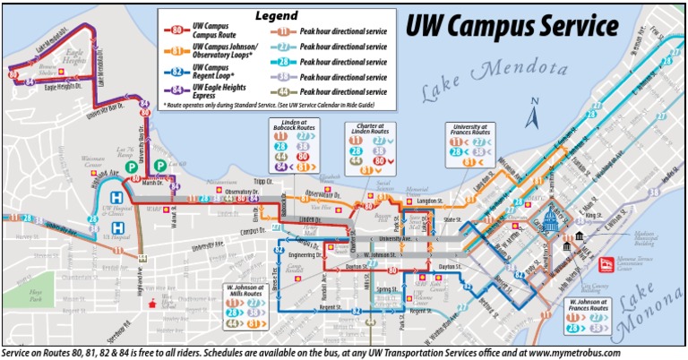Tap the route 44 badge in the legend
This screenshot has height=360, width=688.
click(283, 92)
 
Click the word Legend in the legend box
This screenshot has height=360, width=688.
click(277, 15)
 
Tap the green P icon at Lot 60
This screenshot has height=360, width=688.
click(159, 166)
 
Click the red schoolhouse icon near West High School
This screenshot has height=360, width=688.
click(162, 304)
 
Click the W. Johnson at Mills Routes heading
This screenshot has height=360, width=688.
click(245, 290)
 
